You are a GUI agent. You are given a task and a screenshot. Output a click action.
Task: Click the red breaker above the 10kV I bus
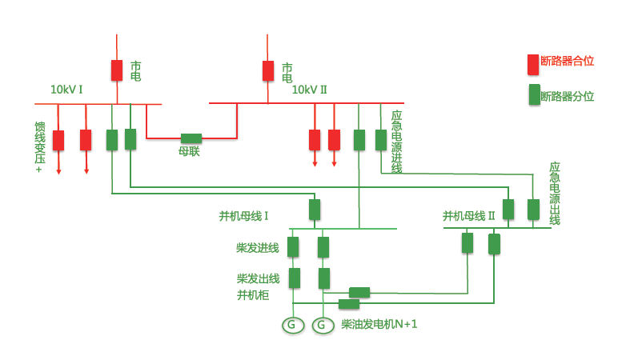tap(117, 70)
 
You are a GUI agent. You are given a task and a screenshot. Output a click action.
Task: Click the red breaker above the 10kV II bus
tap(268, 70)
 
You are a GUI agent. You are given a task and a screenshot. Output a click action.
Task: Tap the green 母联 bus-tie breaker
tap(191, 138)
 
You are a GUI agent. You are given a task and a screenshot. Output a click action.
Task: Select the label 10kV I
tap(66, 90)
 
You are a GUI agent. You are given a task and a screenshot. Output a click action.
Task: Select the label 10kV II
tap(309, 90)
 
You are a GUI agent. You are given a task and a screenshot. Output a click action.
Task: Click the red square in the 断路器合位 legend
tap(532, 63)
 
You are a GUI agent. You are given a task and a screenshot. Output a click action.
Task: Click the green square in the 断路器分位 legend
tap(533, 95)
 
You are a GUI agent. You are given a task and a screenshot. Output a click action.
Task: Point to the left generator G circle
tap(293, 325)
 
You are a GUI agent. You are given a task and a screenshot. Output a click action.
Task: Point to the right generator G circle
tap(323, 325)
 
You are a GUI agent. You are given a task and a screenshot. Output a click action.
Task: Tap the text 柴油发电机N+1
tap(379, 324)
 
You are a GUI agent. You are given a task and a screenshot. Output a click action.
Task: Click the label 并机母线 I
tap(243, 216)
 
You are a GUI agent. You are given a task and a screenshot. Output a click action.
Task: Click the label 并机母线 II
tap(469, 216)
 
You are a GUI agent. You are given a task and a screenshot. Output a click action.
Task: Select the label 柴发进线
tap(257, 247)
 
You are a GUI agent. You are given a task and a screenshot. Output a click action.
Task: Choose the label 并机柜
tap(252, 295)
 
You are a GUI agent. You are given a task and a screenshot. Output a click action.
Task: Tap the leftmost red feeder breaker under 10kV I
tap(58, 140)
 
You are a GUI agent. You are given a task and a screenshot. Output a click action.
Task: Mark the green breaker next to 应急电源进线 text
tap(381, 140)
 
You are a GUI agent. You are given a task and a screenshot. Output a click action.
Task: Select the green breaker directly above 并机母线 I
tap(315, 210)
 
